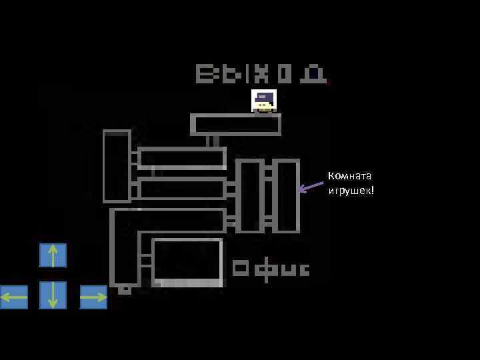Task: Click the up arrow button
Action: point(53,255)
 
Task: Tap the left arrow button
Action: point(14,297)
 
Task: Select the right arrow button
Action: point(93,297)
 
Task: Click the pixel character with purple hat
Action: point(264,101)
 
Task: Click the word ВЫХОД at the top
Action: point(261,73)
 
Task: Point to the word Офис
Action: point(271,269)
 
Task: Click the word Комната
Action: point(349,176)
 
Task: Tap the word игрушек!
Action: point(351,191)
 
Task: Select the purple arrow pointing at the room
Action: point(310,187)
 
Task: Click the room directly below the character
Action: point(235,125)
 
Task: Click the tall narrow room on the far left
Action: point(117,166)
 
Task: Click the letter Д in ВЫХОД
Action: point(313,73)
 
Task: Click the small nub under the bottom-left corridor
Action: point(125,290)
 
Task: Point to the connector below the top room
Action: point(213,141)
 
